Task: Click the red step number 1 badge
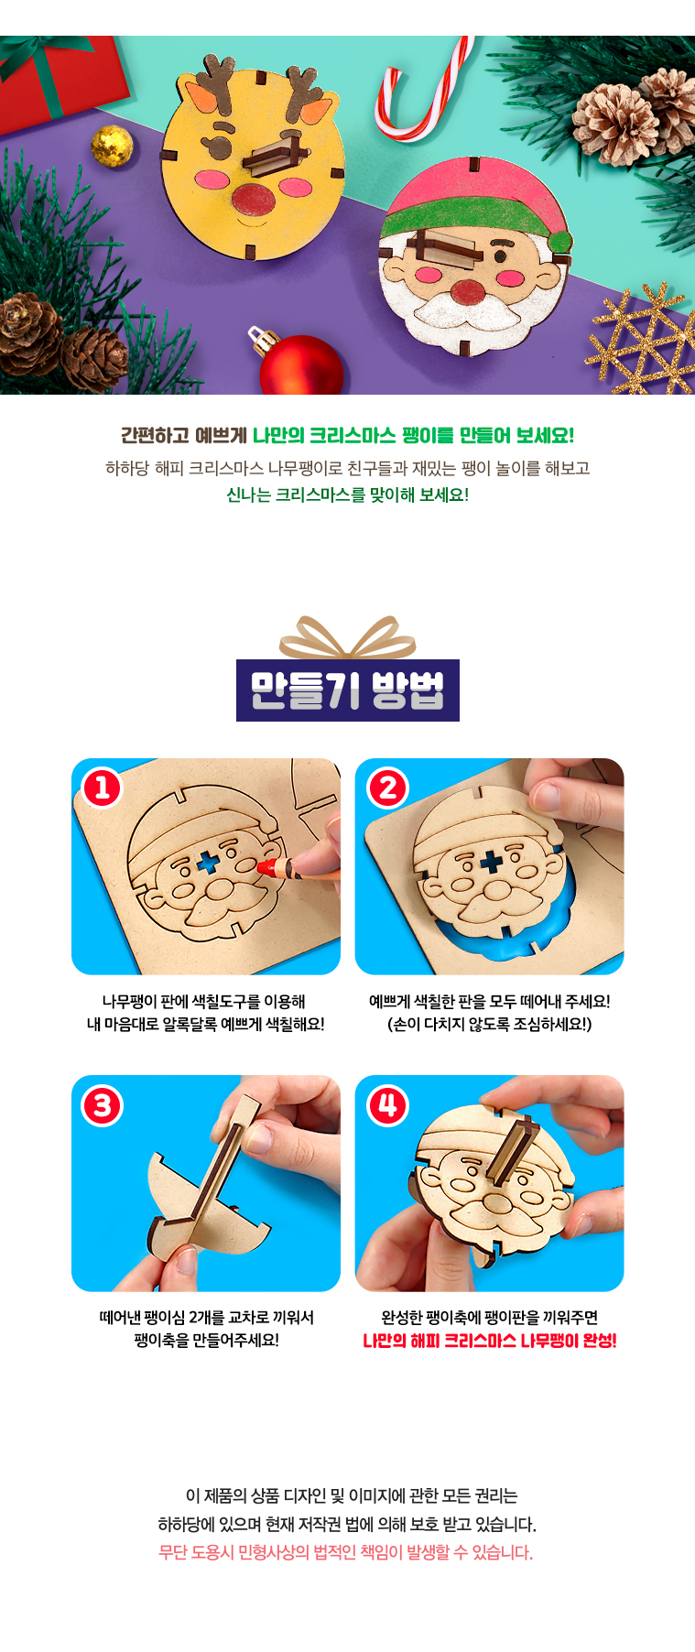click(x=103, y=788)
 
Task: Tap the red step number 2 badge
click(x=387, y=788)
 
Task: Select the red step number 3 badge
click(x=103, y=1105)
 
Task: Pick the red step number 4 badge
click(x=387, y=1105)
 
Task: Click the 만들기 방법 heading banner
click(x=348, y=690)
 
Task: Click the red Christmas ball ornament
click(x=300, y=364)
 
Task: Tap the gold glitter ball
click(x=112, y=147)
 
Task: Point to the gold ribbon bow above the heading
click(x=347, y=638)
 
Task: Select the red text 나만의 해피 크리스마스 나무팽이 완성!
click(x=490, y=1341)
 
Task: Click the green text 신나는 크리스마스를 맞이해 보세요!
click(x=347, y=495)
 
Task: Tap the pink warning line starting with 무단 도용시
click(x=346, y=1552)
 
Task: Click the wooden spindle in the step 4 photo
click(x=505, y=1149)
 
